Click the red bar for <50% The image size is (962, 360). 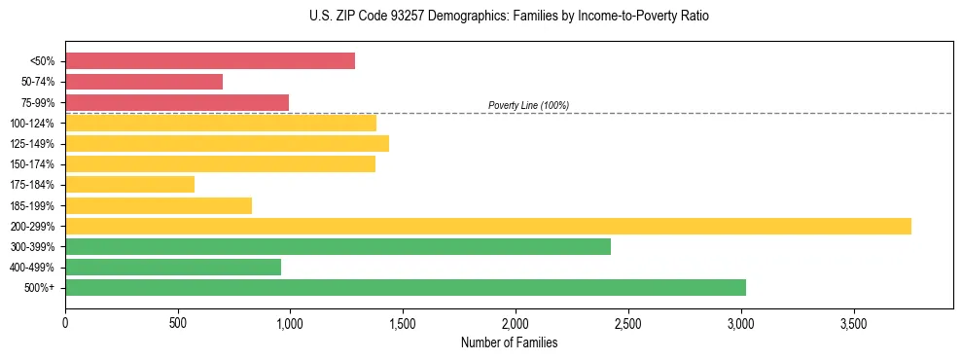point(210,61)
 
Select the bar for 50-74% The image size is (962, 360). point(144,82)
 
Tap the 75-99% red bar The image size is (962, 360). point(177,102)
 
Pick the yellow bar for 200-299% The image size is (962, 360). point(488,226)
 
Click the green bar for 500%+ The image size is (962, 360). point(406,287)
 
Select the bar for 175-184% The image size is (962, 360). point(130,184)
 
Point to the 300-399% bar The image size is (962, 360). point(338,246)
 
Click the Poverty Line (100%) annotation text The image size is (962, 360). point(528,105)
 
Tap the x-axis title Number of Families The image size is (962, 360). point(509,342)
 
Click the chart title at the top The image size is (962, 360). point(509,17)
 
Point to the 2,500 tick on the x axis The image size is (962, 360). point(628,321)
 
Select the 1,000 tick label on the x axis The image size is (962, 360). point(291,321)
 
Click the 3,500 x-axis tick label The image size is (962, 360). point(853,321)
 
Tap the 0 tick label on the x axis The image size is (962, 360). point(65,321)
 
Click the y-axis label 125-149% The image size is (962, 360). point(32,144)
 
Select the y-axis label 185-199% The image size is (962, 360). point(32,205)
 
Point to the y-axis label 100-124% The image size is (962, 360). point(32,124)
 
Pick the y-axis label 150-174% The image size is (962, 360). point(32,164)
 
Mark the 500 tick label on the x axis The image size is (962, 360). point(178,321)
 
